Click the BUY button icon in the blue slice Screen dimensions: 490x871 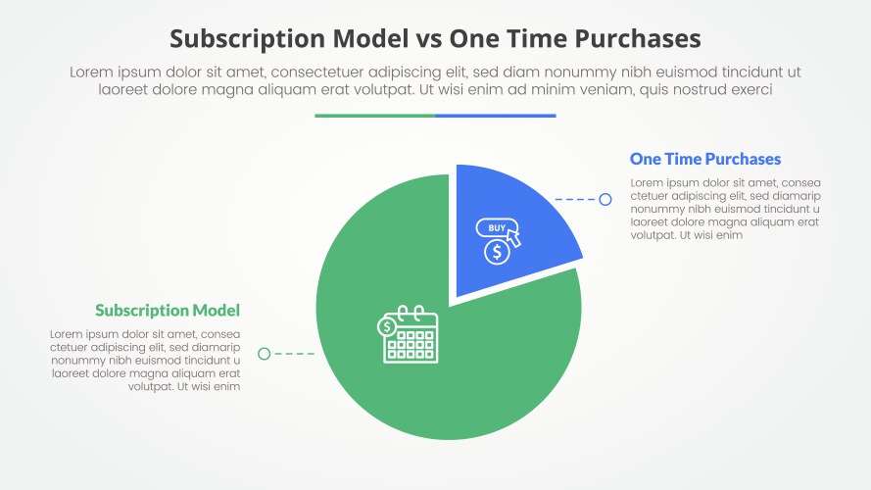498,229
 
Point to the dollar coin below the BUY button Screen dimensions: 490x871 497,252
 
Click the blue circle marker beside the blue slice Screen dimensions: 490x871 605,200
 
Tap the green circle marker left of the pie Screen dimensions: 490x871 264,354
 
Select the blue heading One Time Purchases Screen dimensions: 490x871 704,159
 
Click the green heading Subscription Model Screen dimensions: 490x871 168,311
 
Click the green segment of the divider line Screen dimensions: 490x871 375,116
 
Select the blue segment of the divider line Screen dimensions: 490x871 496,116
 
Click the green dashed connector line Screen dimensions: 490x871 293,354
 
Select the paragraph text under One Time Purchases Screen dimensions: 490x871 726,209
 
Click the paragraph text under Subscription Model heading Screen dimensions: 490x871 145,361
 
